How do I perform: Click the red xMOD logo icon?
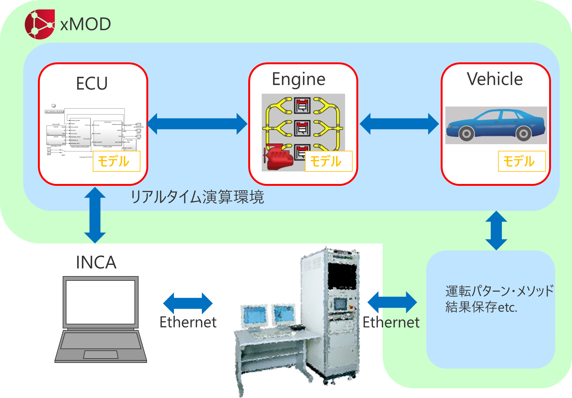click(39, 24)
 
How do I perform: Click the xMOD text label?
click(86, 24)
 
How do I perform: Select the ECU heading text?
click(92, 83)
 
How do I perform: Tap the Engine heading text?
click(298, 79)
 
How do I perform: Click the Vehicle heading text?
click(495, 79)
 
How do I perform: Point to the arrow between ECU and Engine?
click(197, 124)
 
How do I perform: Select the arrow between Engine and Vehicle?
click(399, 124)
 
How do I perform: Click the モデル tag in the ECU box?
click(116, 161)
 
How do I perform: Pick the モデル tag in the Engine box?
click(328, 161)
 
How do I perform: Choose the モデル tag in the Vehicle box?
click(522, 161)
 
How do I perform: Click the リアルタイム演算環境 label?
click(197, 197)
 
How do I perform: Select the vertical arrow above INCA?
click(95, 215)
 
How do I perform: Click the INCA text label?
click(96, 263)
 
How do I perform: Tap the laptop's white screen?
click(100, 302)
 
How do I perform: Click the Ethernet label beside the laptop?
click(188, 322)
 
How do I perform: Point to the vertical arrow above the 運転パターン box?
click(496, 230)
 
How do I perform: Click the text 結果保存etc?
click(481, 307)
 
